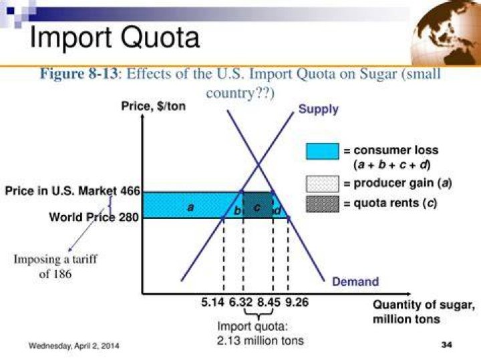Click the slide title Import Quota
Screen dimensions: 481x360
click(x=115, y=37)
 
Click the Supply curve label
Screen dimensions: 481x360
click(x=318, y=109)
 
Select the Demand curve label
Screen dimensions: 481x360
click(x=355, y=281)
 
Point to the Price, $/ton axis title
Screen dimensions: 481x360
click(x=154, y=106)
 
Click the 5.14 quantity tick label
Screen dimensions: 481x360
click(x=213, y=303)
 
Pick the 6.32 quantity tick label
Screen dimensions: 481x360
click(x=240, y=303)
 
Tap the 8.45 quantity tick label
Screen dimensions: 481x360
click(x=269, y=303)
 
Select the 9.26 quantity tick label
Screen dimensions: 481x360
click(x=297, y=303)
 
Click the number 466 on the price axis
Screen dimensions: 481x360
click(x=130, y=191)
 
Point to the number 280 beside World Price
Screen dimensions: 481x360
click(x=129, y=217)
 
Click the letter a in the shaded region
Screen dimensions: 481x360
click(x=190, y=208)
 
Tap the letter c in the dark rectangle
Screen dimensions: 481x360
click(x=257, y=208)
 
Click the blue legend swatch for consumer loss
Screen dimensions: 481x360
click(x=323, y=151)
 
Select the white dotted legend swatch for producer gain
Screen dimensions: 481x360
click(x=323, y=184)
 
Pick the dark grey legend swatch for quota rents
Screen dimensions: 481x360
click(x=323, y=204)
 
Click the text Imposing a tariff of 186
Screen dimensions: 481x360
click(x=55, y=266)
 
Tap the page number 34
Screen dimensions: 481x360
click(x=446, y=345)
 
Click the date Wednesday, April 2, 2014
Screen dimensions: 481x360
click(x=74, y=345)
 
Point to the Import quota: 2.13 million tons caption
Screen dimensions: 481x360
click(x=260, y=333)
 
